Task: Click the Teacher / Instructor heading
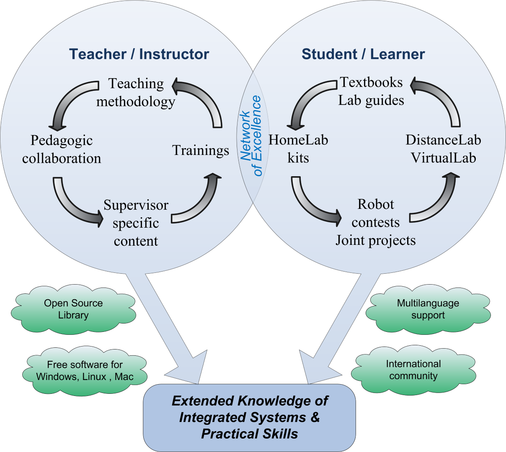pyautogui.click(x=139, y=54)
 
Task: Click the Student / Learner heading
pyautogui.click(x=363, y=54)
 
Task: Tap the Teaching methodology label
pyautogui.click(x=136, y=92)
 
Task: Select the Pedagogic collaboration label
pyautogui.click(x=62, y=149)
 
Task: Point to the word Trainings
pyautogui.click(x=201, y=151)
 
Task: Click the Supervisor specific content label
pyautogui.click(x=136, y=223)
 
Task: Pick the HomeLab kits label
pyautogui.click(x=298, y=149)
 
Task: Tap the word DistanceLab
pyautogui.click(x=443, y=140)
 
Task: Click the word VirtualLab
pyautogui.click(x=443, y=158)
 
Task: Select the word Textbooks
pyautogui.click(x=372, y=82)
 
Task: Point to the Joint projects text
pyautogui.click(x=376, y=241)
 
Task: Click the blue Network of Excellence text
pyautogui.click(x=251, y=136)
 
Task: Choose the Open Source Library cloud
pyautogui.click(x=73, y=309)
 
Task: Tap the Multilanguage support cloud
pyautogui.click(x=428, y=309)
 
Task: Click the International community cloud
pyautogui.click(x=413, y=370)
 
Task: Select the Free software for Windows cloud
pyautogui.click(x=85, y=371)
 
